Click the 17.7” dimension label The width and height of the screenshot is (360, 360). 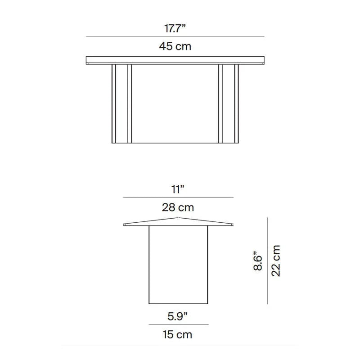coord(175,28)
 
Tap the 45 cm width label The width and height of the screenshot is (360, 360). coord(175,46)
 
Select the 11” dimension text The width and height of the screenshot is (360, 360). coord(178,189)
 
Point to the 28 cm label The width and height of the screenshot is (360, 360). coord(178,207)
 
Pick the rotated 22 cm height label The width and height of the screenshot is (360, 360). coord(276,261)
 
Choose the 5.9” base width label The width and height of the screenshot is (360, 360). coord(177,316)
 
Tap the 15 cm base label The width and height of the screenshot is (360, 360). coord(177,334)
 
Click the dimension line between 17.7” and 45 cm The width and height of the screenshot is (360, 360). coord(175,36)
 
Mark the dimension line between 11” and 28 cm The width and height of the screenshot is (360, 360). coord(178,197)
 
